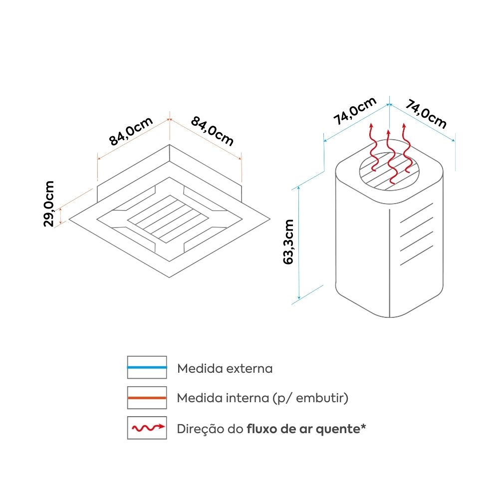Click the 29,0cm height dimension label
(49, 204)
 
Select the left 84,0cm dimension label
(131, 131)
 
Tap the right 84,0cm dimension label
(212, 131)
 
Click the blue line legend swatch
(147, 367)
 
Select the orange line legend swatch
(147, 398)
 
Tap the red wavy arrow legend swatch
(147, 428)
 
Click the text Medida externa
(225, 369)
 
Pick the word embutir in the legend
(323, 398)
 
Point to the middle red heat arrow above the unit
(389, 157)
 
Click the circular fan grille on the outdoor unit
(389, 172)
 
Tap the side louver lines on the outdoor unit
(416, 235)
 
